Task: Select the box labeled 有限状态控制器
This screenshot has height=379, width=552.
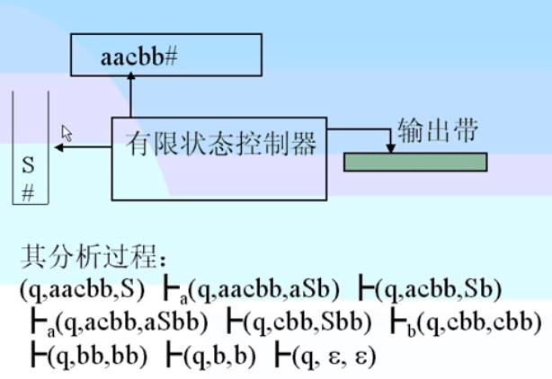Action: click(x=219, y=143)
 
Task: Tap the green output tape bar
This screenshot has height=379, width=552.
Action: click(x=415, y=162)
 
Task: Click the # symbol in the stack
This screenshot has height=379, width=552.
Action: click(x=28, y=191)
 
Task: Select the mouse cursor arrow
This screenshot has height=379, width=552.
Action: click(x=66, y=132)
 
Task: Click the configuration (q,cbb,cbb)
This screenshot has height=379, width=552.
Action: click(x=476, y=321)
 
